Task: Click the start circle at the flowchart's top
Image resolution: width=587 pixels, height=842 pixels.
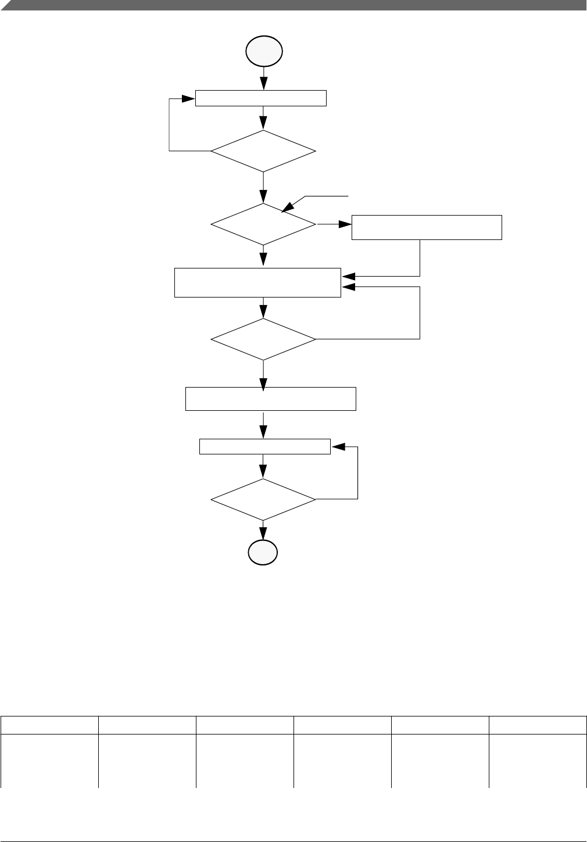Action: (264, 52)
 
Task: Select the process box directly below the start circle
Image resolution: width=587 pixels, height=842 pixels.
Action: (260, 98)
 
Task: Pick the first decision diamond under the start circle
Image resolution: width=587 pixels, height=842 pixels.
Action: (263, 151)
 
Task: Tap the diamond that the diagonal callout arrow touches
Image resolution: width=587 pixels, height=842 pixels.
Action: (263, 224)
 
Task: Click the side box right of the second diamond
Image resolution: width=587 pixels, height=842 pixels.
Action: (427, 227)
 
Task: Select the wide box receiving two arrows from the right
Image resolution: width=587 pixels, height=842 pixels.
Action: (257, 282)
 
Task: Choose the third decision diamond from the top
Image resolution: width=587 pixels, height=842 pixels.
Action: (263, 339)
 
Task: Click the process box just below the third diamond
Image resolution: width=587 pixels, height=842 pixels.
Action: (270, 399)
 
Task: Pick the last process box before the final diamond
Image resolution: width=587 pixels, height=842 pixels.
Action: (265, 447)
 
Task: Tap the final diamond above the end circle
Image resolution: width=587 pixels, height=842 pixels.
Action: (263, 500)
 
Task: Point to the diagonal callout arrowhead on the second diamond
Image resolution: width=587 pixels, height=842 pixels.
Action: (287, 207)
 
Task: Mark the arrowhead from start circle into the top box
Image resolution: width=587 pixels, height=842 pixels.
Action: (264, 84)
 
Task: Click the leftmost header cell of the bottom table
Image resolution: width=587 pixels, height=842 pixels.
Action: (49, 725)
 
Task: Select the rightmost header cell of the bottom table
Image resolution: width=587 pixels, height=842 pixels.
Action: (538, 725)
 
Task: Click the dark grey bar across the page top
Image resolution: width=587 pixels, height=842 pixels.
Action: (293, 5)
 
